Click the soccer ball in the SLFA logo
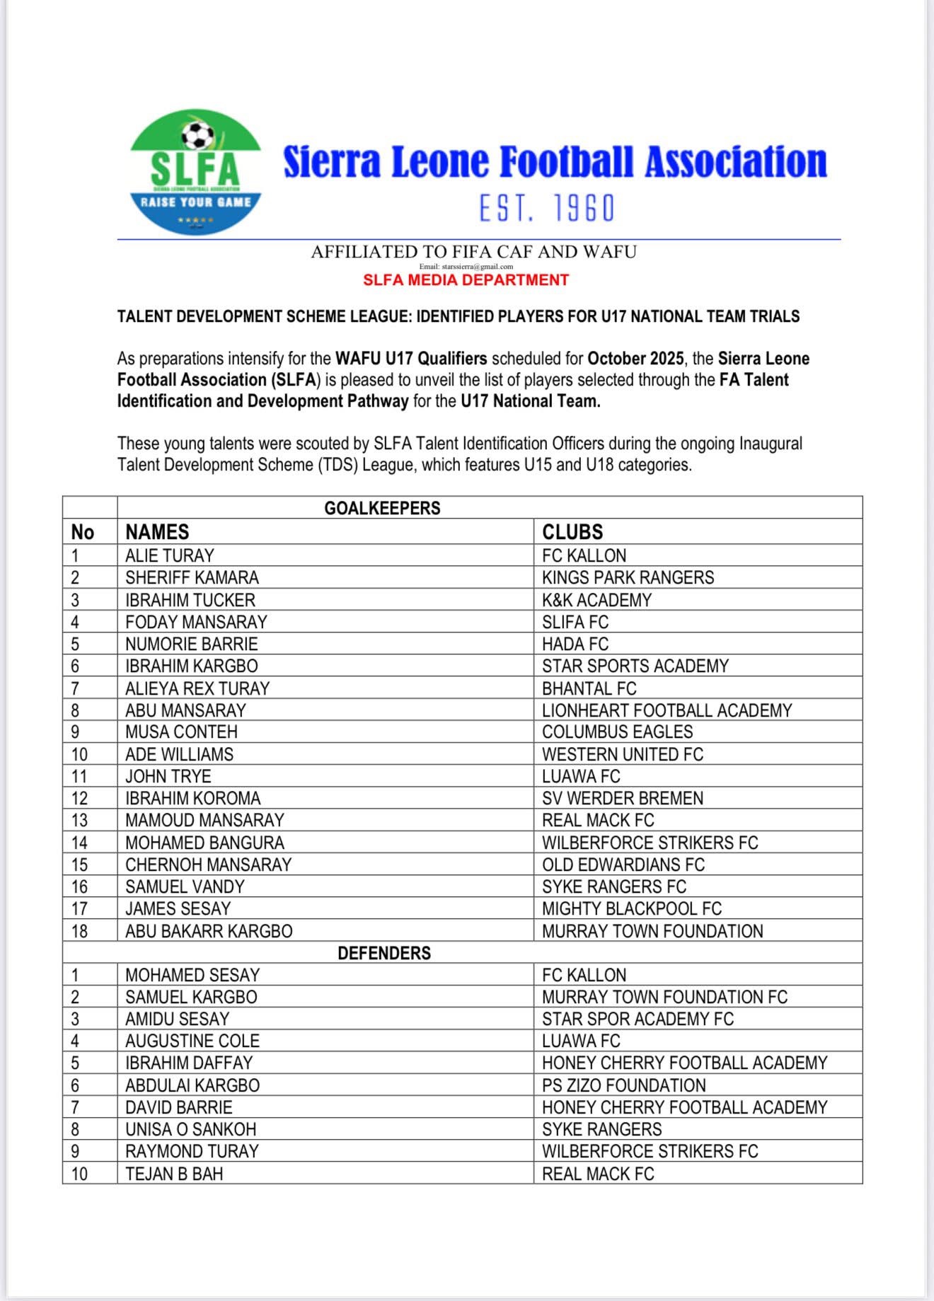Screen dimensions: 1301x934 coord(197,134)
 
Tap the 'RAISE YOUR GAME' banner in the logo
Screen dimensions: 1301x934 coord(196,202)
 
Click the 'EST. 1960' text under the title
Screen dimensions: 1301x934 coord(547,209)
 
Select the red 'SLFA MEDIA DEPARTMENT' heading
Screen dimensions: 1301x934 coord(466,280)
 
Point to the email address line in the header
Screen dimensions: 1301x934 coord(466,267)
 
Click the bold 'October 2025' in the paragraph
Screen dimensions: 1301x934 coord(635,359)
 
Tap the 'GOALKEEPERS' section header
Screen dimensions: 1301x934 coord(382,508)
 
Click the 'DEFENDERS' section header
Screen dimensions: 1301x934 coord(384,953)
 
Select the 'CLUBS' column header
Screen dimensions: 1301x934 coord(572,532)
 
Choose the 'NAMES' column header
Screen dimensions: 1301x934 coord(157,532)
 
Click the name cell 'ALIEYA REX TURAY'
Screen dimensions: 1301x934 coord(197,688)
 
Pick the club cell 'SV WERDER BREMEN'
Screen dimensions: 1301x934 coord(623,798)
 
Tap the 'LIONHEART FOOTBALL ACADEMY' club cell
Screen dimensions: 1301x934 coord(667,710)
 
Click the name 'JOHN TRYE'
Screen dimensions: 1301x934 coord(168,776)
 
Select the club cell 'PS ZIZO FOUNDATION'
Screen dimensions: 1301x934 coord(623,1085)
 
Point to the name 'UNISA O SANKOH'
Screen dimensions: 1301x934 coord(190,1129)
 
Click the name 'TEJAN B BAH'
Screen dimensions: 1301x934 coord(174,1174)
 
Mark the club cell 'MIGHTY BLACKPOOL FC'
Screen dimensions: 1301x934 coord(632,908)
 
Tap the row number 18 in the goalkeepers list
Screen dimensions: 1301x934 coord(80,931)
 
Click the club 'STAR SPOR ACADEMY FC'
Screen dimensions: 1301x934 coord(638,1019)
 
